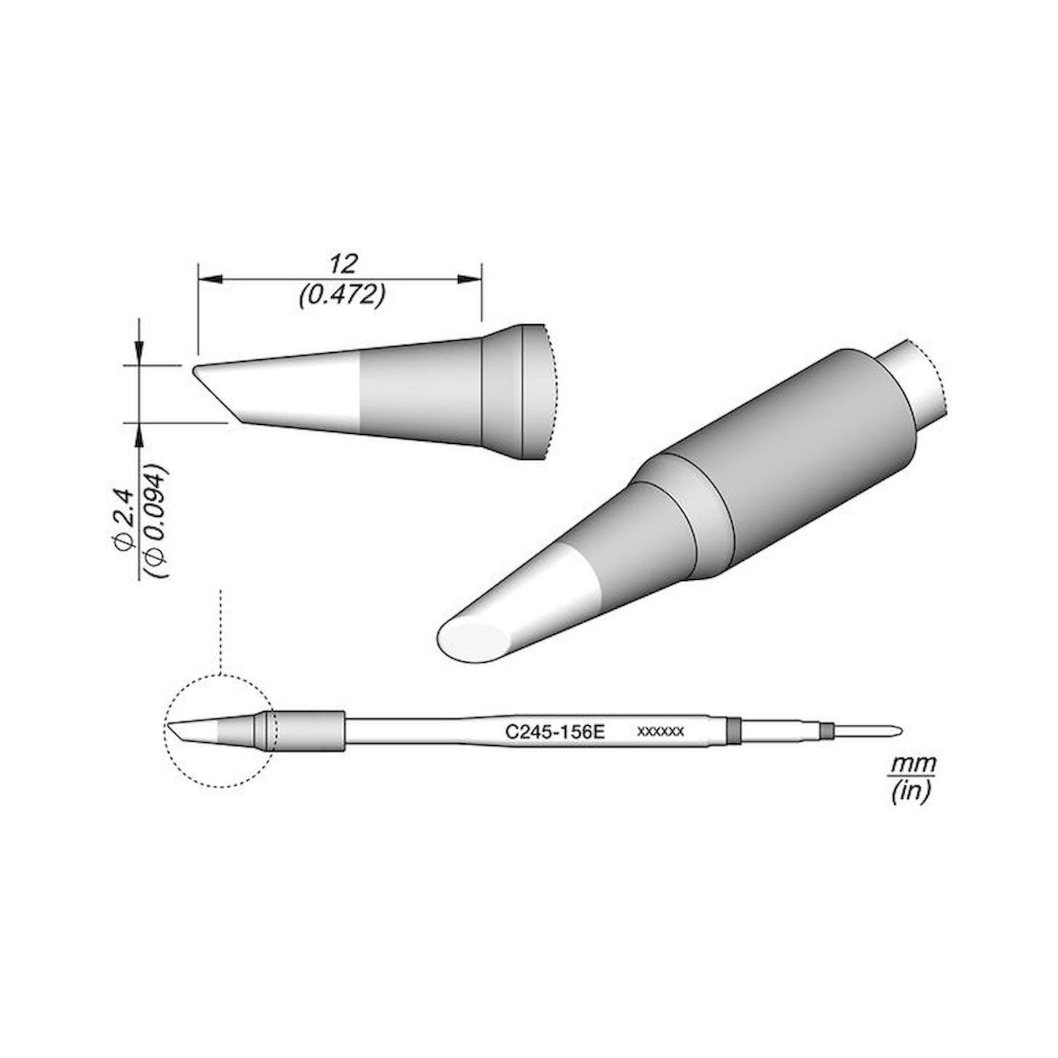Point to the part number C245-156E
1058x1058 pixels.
click(554, 732)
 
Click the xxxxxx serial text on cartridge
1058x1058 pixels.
click(661, 731)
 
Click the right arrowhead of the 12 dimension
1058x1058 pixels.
click(468, 280)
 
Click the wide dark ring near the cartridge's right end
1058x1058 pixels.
click(734, 730)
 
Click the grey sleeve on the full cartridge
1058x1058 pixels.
click(309, 731)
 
